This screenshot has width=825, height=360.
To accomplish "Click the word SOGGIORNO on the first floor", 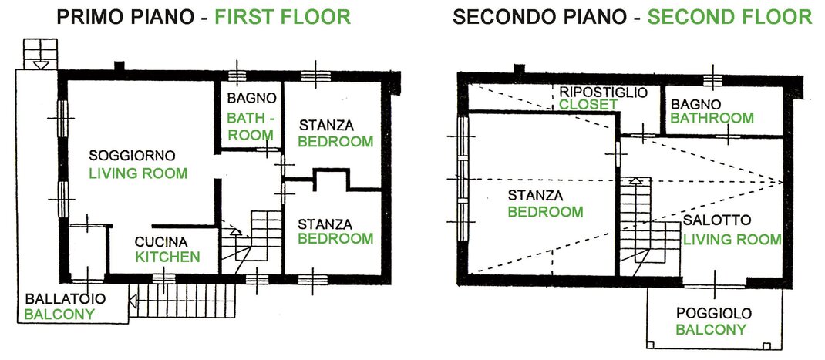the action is coord(132,156).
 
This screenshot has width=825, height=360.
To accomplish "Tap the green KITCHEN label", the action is coord(168,257).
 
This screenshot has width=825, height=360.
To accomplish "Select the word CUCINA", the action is coord(161,242).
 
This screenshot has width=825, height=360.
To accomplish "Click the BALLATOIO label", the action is coord(66,299).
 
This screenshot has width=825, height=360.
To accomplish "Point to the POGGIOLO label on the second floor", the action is coord(713,315).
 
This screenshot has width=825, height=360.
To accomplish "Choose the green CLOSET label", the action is coord(588,105).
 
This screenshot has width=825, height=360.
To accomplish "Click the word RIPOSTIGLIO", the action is coord(603,92).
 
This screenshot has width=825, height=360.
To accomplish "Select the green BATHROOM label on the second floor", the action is coord(712,119).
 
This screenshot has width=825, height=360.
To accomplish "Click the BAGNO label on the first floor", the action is coord(251,99).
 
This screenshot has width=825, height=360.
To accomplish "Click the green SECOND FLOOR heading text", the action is coord(729,17).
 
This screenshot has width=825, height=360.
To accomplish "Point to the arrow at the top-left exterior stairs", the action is coord(41,65).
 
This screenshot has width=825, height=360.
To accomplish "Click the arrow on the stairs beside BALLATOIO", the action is coord(133,301).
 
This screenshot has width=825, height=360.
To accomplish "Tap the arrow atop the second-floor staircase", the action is coord(635,180).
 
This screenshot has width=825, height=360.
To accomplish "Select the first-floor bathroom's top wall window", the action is coord(237,76).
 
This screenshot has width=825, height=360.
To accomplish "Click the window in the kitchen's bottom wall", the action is coord(163,278).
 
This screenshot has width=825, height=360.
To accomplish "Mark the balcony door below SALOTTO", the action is coord(715,285).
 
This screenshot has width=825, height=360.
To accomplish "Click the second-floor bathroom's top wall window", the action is coord(713,79).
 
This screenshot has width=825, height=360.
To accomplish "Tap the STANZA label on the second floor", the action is coord(535,196).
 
